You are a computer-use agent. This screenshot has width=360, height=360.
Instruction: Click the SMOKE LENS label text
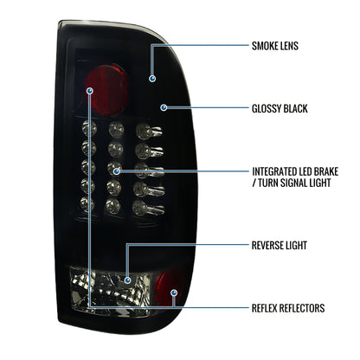click(x=275, y=46)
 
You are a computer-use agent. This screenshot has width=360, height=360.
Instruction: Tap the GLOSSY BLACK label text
click(x=280, y=108)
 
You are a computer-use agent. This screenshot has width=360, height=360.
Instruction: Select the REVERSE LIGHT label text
click(x=280, y=245)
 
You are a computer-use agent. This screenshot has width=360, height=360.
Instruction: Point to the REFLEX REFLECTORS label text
click(x=288, y=308)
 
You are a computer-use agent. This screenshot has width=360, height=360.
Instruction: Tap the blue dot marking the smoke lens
click(x=152, y=79)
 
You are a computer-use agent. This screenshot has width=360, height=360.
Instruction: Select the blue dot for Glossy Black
click(x=164, y=108)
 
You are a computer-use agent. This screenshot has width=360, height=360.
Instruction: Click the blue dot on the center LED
click(x=116, y=171)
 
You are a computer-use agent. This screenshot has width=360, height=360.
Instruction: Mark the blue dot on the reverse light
click(x=127, y=280)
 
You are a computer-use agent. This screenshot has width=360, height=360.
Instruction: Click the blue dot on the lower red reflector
click(x=174, y=293)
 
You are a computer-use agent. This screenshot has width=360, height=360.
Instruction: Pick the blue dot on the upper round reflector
click(x=90, y=91)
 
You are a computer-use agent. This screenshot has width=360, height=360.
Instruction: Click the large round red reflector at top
click(x=106, y=89)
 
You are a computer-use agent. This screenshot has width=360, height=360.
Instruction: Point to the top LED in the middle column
click(x=116, y=130)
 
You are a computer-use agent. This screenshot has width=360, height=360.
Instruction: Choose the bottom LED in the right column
click(x=146, y=207)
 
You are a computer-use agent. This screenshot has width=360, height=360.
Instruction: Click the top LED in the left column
click(x=89, y=129)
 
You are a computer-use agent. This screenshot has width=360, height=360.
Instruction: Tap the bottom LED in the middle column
click(x=112, y=205)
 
